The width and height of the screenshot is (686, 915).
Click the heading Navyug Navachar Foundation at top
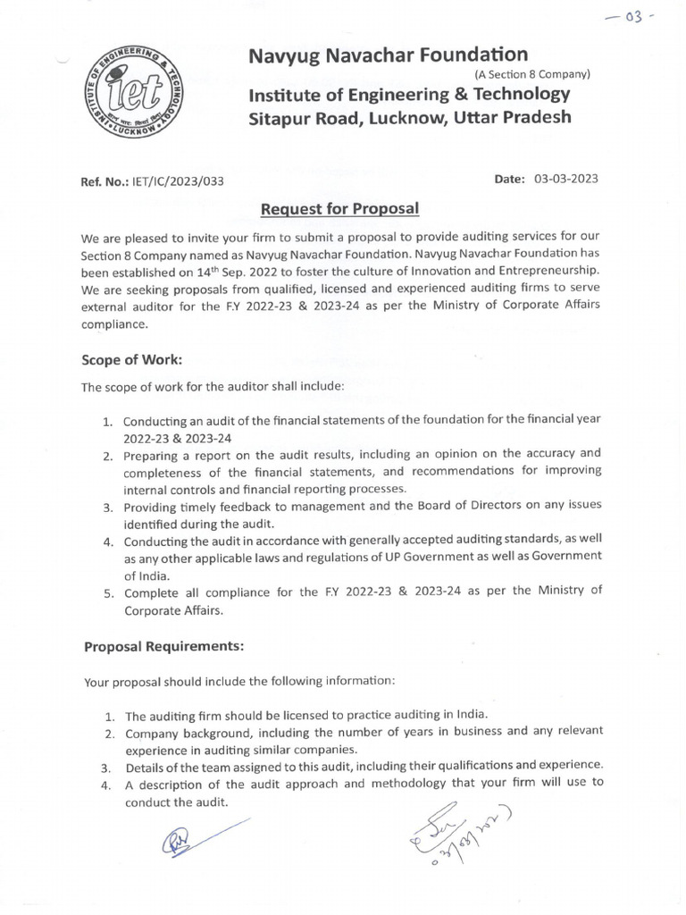click(388, 55)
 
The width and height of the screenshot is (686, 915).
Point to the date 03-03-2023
click(565, 179)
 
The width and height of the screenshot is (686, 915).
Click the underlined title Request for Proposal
click(339, 209)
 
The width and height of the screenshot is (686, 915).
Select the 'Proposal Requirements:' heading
click(163, 645)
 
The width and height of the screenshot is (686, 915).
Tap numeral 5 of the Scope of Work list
click(105, 591)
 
